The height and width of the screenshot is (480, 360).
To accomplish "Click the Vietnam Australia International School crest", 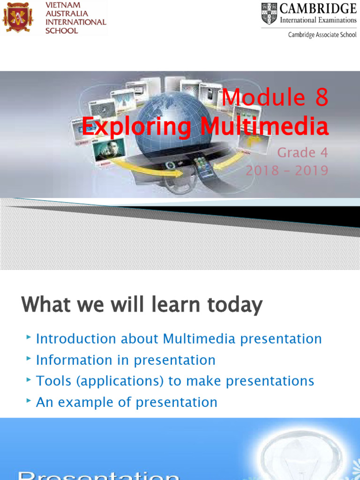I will (18, 16).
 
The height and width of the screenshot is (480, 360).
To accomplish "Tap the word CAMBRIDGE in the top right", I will (318, 8).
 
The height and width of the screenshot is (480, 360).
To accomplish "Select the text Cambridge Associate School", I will (322, 35).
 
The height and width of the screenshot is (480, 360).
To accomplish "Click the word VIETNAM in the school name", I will (63, 5).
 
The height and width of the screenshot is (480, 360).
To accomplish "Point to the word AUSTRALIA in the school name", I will (67, 13).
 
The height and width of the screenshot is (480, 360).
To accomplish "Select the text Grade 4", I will (302, 152).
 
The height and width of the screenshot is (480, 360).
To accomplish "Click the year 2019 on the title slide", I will (312, 170).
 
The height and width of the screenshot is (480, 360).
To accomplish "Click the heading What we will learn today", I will (142, 305).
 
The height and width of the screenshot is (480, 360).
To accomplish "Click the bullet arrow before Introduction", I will (29, 337).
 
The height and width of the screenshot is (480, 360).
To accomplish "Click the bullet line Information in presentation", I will (126, 360).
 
